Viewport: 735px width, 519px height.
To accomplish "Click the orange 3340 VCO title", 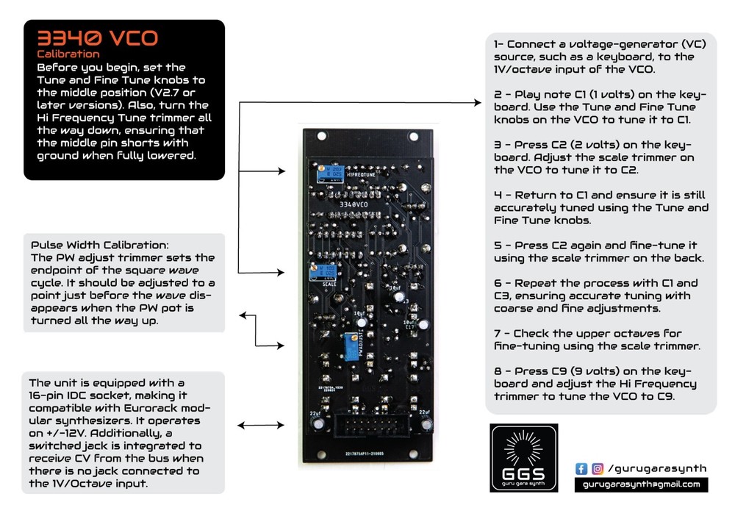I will [x=97, y=38].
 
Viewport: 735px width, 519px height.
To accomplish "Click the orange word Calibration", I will [x=68, y=54].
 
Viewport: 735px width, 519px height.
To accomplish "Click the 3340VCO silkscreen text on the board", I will [x=355, y=204].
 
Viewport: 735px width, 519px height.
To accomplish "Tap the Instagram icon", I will [x=598, y=468].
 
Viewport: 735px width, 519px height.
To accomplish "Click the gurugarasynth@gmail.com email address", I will [x=641, y=485].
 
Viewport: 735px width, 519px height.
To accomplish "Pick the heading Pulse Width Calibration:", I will [x=100, y=244].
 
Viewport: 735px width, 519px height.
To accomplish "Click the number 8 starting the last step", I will [x=498, y=371].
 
